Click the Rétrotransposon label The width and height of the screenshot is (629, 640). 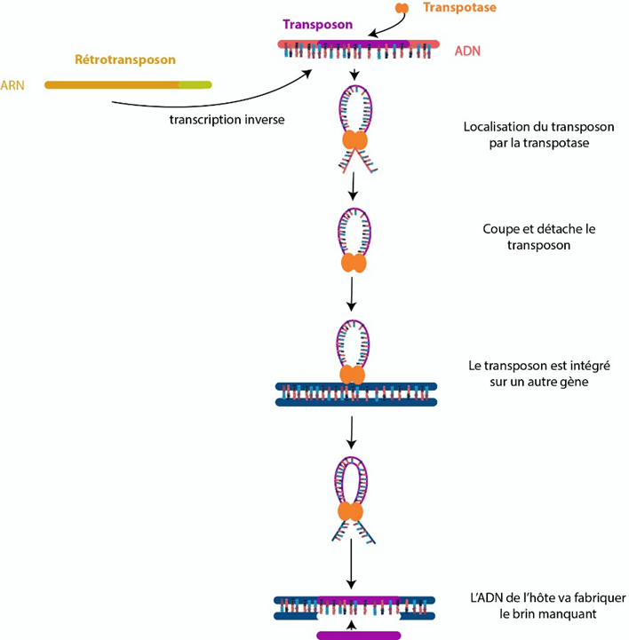(124, 60)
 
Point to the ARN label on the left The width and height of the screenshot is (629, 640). (15, 85)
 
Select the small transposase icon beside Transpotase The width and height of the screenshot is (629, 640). (402, 8)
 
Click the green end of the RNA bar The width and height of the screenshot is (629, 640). (196, 85)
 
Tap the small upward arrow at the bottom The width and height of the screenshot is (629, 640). (354, 624)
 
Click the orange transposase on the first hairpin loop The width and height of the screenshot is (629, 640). (354, 141)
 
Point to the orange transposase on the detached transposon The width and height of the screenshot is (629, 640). (354, 264)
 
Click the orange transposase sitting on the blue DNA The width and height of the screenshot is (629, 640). (354, 376)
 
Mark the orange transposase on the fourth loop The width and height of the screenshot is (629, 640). (354, 512)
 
